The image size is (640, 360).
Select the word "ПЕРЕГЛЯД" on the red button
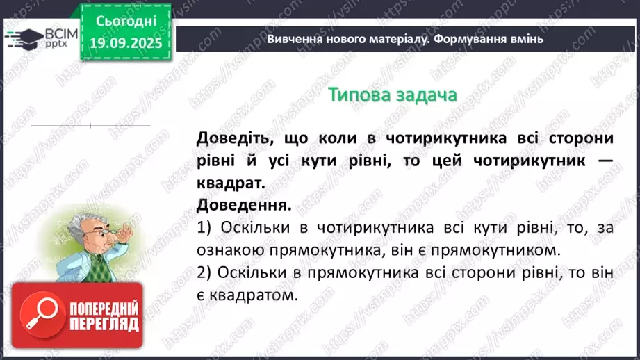[103, 325]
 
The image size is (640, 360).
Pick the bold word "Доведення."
[243, 205]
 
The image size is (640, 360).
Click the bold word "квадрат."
[231, 183]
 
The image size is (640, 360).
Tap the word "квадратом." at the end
[256, 295]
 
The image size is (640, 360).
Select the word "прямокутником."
[509, 249]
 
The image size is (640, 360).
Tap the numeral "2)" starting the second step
[205, 272]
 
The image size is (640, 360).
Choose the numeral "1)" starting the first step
[205, 227]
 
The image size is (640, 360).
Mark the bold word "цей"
[446, 161]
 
